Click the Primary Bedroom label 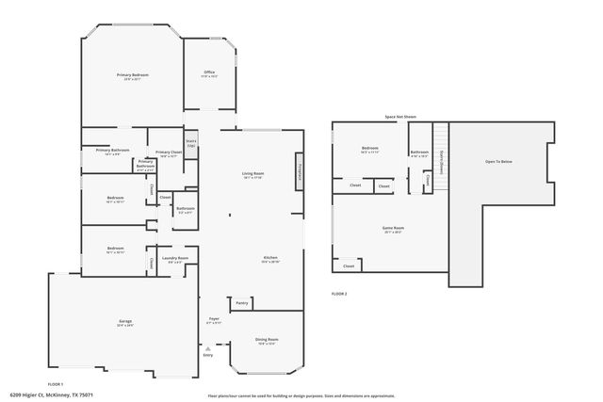(x=133, y=75)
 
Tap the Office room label (x=209, y=72)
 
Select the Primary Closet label (x=169, y=153)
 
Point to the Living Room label (x=253, y=174)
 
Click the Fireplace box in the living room (x=300, y=172)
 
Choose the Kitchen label (x=270, y=258)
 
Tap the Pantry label (x=241, y=303)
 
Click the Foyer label (x=214, y=320)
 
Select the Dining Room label (x=267, y=340)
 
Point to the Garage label (x=124, y=322)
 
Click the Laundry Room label (x=175, y=258)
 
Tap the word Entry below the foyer (x=208, y=355)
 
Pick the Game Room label (x=393, y=229)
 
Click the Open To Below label (x=499, y=162)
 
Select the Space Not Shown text (x=400, y=118)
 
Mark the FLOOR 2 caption (x=339, y=295)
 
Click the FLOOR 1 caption (x=55, y=384)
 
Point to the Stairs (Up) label (x=190, y=144)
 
